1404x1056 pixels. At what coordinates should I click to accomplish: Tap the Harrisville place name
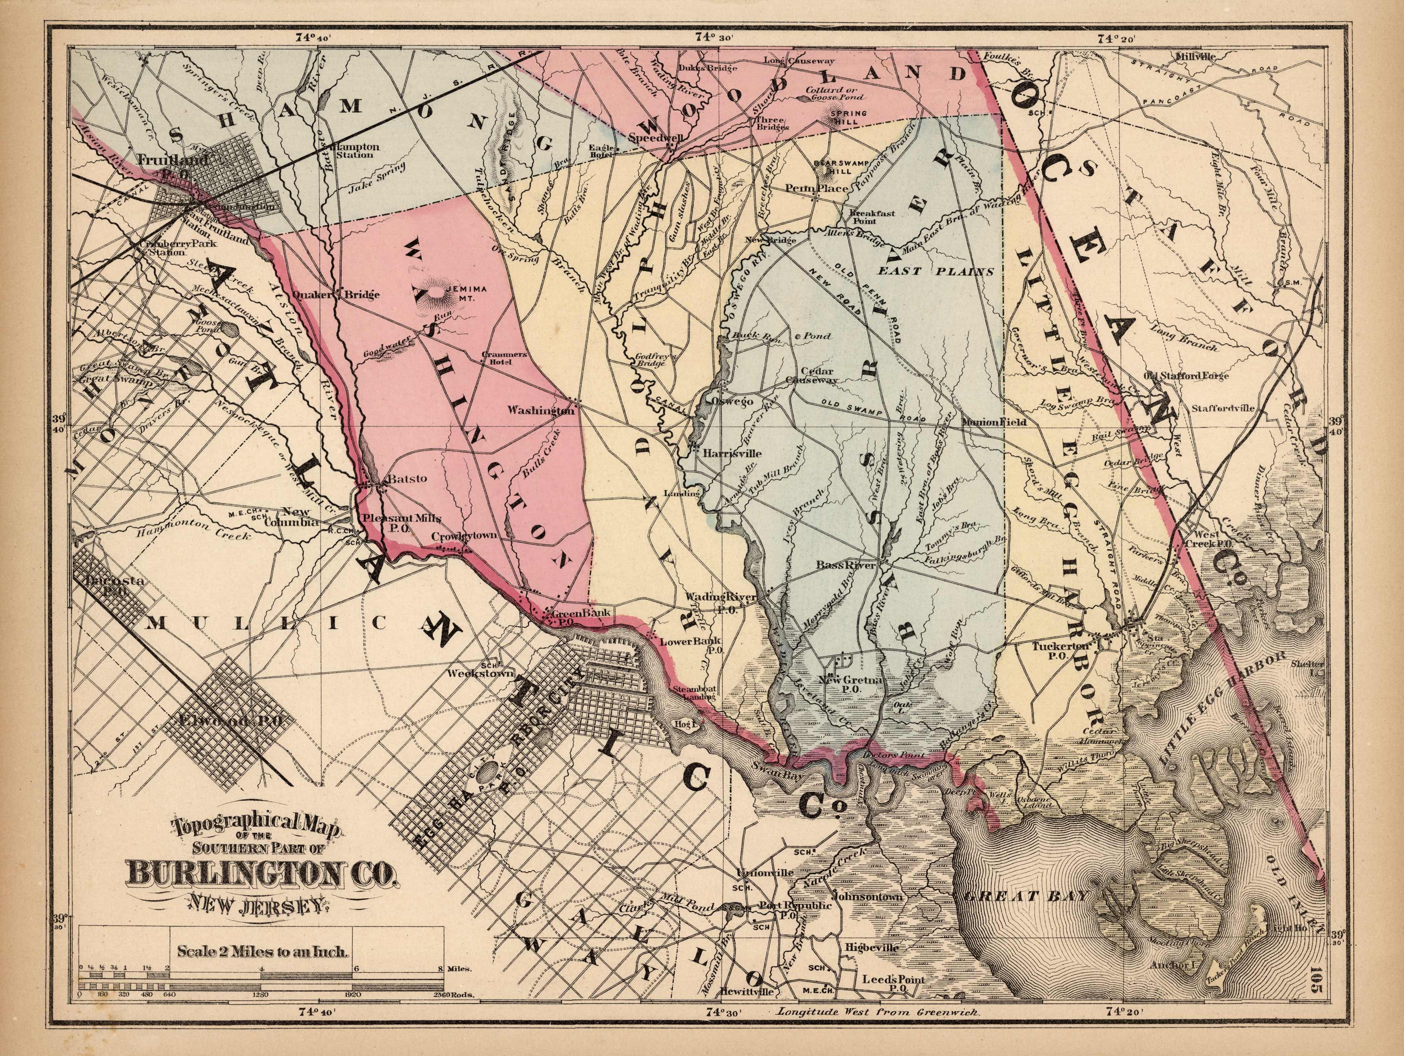(732, 454)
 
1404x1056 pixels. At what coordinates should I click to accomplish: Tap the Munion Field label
(994, 422)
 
